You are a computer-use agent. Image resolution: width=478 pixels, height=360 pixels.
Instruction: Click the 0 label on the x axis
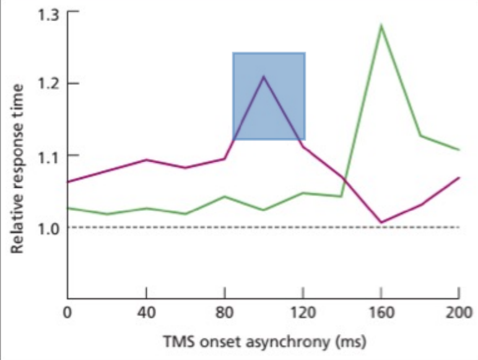point(67,314)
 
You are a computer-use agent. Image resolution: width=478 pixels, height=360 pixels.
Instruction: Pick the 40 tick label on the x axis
point(147,314)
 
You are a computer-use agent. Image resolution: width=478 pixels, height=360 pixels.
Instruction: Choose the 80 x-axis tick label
point(225,314)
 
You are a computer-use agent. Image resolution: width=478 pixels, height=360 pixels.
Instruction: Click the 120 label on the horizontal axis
point(303,314)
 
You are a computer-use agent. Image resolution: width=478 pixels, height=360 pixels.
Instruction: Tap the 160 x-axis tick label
point(381,314)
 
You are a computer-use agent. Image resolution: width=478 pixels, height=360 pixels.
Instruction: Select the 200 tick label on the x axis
point(459,314)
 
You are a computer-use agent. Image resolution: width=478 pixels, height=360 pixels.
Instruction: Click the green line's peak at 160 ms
point(381,25)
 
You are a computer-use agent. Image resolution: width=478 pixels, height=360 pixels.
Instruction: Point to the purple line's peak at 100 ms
point(264,76)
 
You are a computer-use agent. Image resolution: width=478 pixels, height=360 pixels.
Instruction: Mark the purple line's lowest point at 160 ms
point(381,222)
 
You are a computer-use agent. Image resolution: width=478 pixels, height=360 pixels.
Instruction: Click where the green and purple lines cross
point(344,178)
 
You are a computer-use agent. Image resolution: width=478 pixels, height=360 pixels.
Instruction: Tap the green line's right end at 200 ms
point(459,150)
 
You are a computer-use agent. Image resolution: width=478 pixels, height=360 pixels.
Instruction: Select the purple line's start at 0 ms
point(67,182)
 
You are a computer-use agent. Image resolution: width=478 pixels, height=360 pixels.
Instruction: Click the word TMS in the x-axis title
point(179,341)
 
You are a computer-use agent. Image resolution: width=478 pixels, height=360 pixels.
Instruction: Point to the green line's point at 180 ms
point(420,135)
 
